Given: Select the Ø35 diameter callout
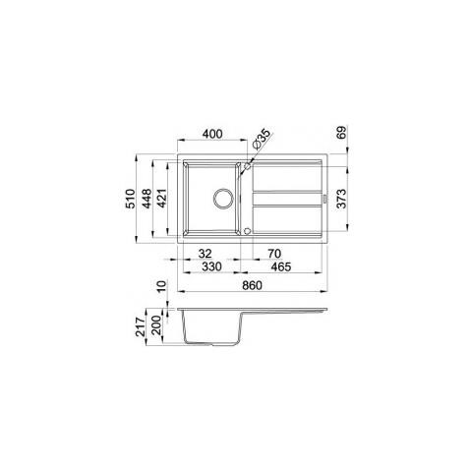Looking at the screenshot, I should (x=262, y=137).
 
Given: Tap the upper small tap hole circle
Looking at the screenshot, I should (x=247, y=164).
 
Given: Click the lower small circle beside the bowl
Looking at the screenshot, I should (x=247, y=232).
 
